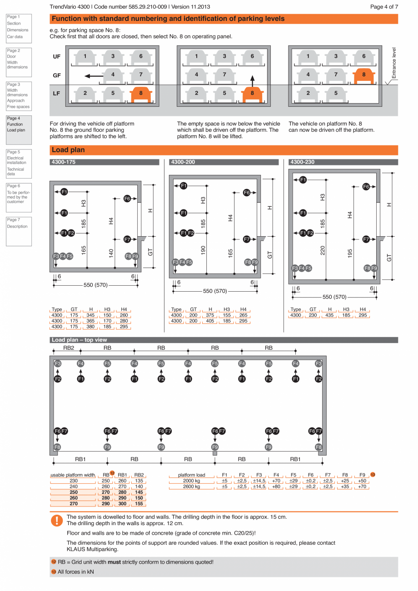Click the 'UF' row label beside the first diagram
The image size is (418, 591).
point(57,57)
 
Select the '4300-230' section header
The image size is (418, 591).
point(303,162)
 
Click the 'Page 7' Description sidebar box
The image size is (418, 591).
point(19,231)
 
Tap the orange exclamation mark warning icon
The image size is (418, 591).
point(57,521)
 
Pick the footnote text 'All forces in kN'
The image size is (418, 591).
point(75,571)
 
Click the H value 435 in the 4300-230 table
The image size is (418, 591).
point(329,315)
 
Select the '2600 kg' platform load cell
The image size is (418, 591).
point(191,487)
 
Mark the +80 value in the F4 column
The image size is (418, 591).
point(276,487)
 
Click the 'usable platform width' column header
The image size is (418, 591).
point(73,475)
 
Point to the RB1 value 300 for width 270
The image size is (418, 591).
point(122,504)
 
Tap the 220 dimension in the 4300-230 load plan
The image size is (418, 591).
point(323,250)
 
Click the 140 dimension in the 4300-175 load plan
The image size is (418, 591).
point(111,253)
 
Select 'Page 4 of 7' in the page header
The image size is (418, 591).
point(384,7)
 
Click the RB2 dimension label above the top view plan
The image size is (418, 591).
point(69,348)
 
